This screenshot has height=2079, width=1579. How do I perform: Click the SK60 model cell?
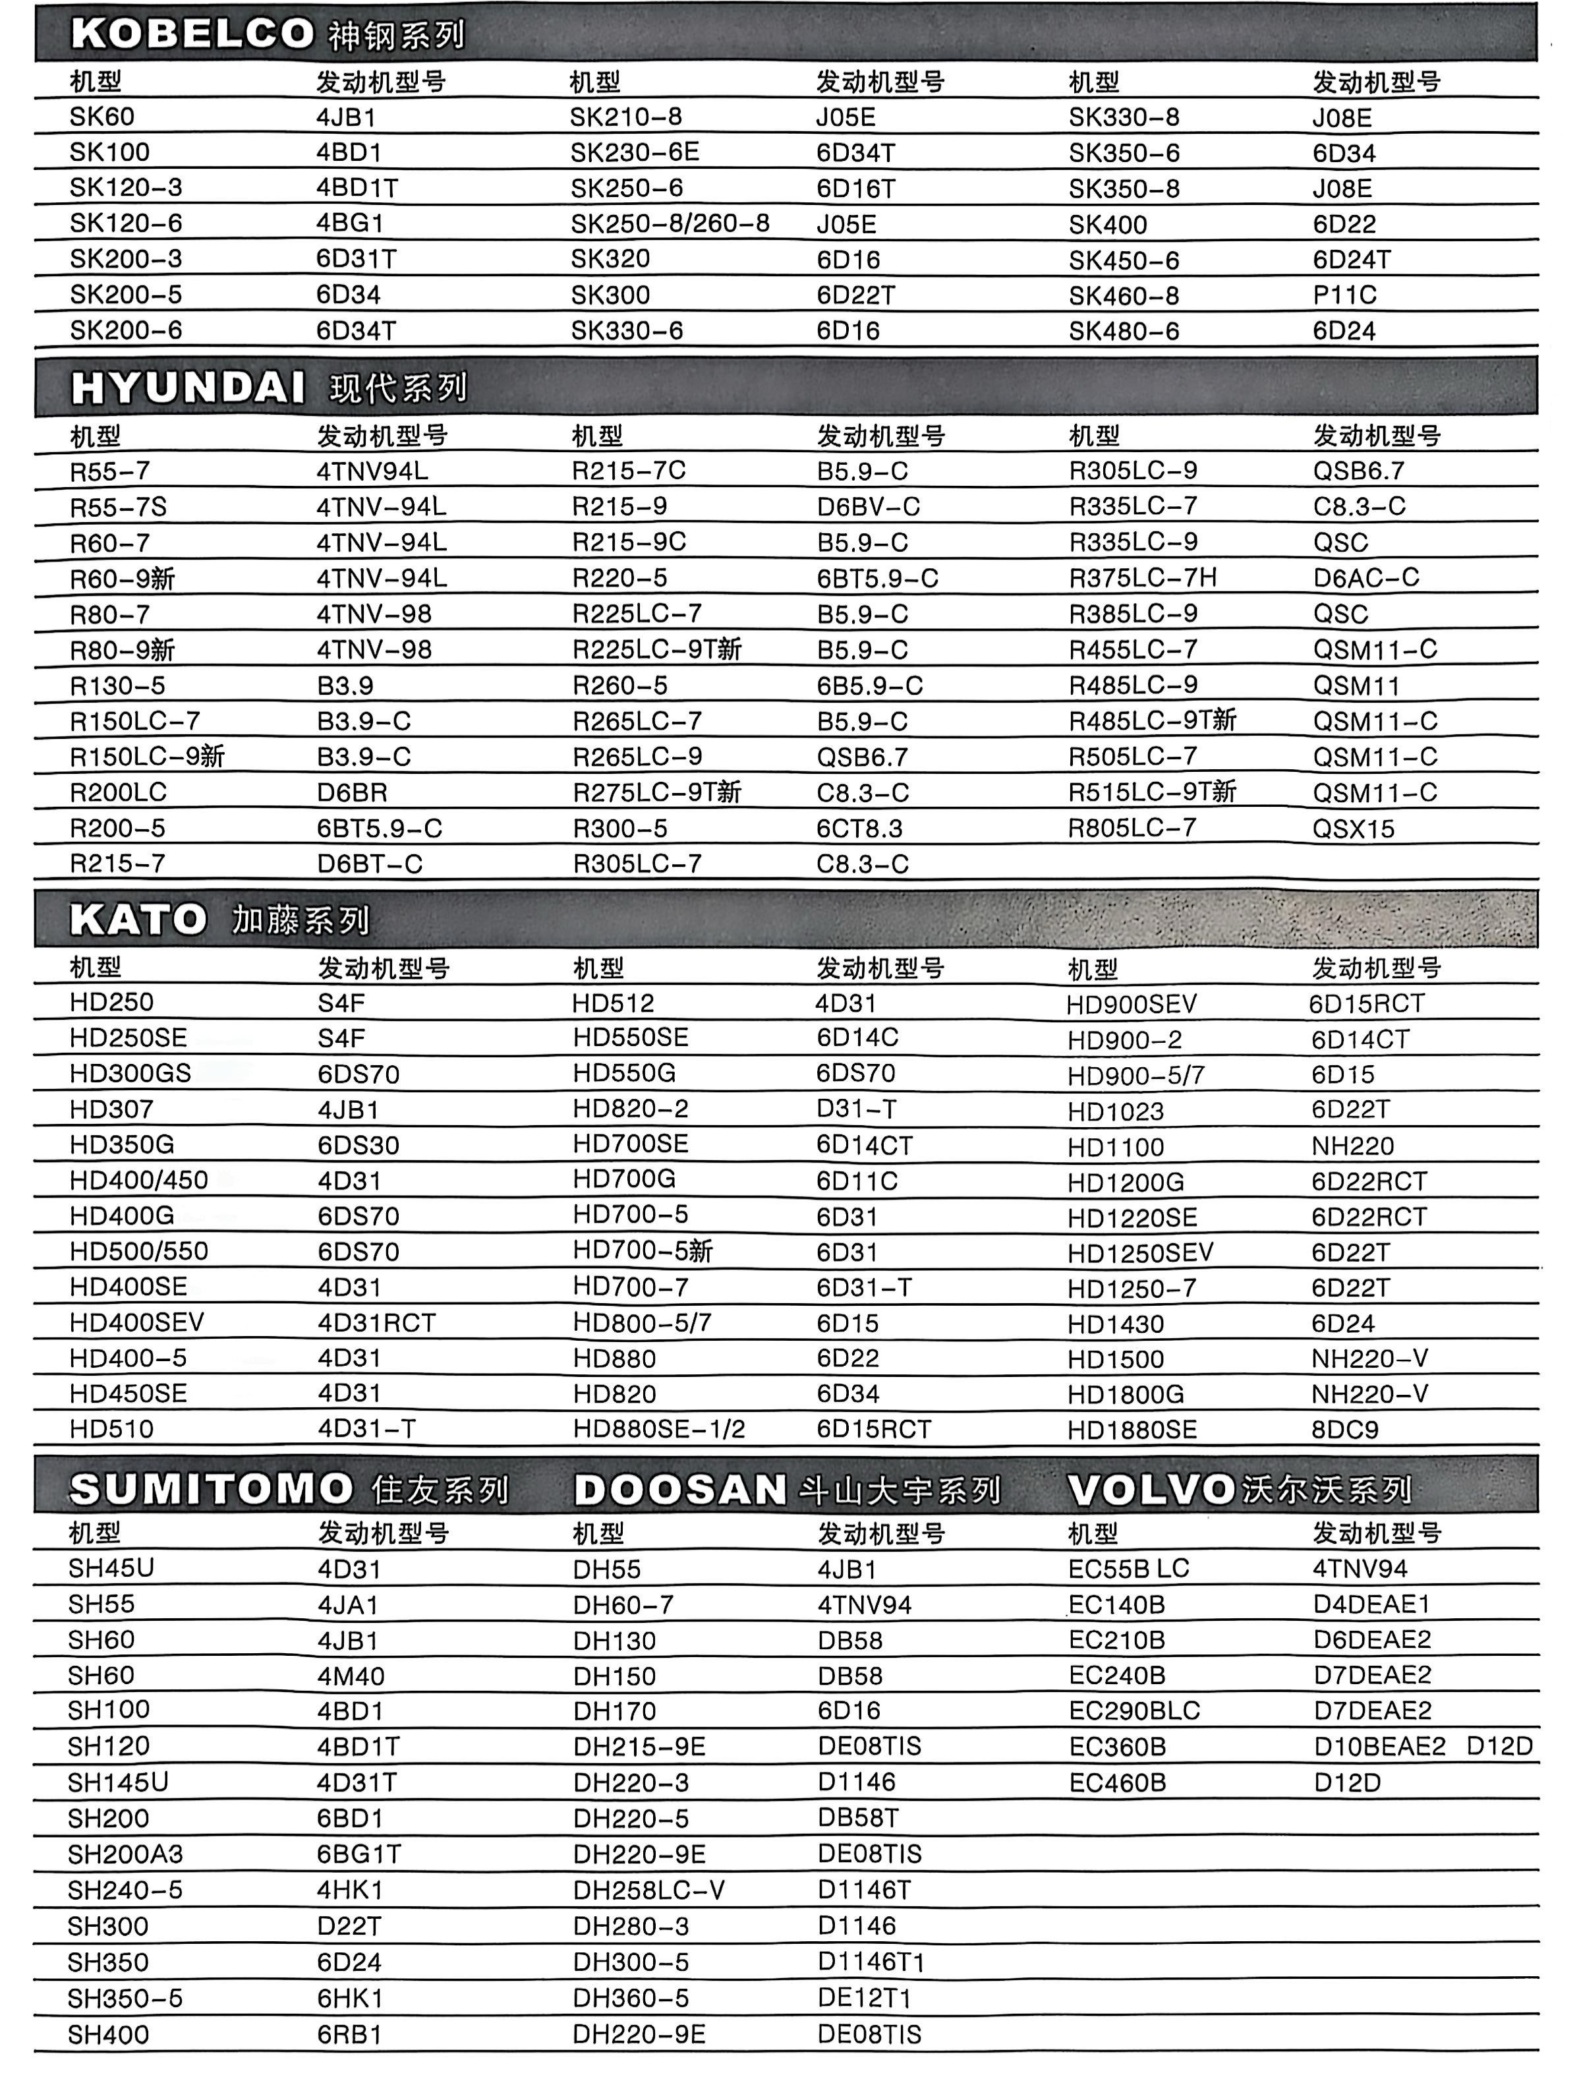click(x=101, y=117)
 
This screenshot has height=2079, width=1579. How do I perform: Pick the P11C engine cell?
click(x=1344, y=295)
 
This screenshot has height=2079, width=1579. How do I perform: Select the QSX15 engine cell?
click(x=1354, y=829)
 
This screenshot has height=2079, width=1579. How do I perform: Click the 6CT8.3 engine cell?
click(x=859, y=829)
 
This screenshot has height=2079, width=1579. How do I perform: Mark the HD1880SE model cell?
click(x=1132, y=1430)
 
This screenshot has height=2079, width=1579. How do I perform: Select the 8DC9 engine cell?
click(x=1345, y=1430)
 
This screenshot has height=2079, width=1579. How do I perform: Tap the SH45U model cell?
click(x=111, y=1567)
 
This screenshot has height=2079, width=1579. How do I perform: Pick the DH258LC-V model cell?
click(x=648, y=1890)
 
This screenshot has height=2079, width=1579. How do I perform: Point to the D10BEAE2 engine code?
click(x=1379, y=1746)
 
